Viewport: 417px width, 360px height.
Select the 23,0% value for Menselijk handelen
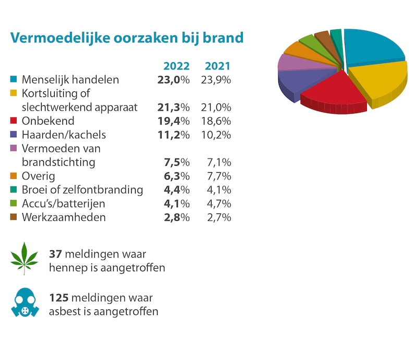coord(173,80)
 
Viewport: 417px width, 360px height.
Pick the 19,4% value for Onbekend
coord(173,121)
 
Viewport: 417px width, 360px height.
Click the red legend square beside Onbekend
coord(14,121)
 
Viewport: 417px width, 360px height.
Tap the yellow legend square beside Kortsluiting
coord(14,93)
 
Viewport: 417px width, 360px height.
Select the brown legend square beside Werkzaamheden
coord(14,217)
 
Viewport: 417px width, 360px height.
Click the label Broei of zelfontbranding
coord(82,190)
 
